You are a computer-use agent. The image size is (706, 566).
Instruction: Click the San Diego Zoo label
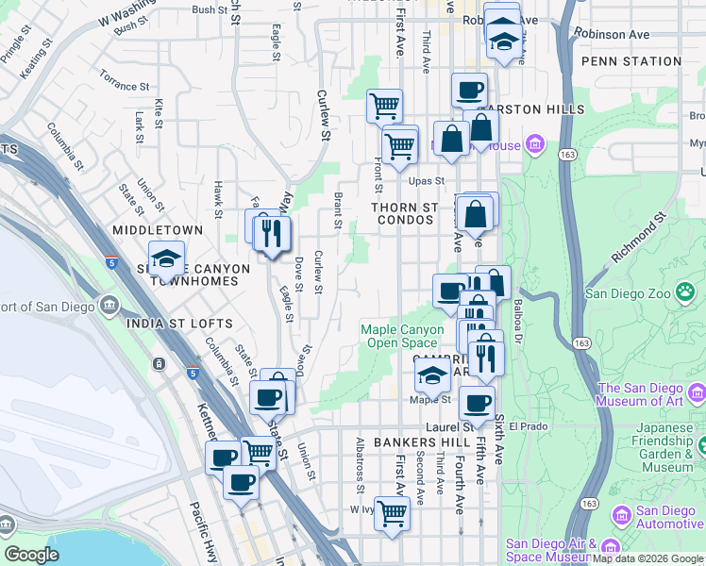(630, 292)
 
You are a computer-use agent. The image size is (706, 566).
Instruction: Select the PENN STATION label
(631, 61)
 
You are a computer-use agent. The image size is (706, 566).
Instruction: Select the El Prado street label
(528, 426)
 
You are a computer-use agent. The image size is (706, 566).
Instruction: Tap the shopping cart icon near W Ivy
(391, 514)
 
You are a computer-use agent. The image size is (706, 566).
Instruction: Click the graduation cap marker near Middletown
(166, 258)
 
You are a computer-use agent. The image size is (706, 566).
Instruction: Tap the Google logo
(31, 555)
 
